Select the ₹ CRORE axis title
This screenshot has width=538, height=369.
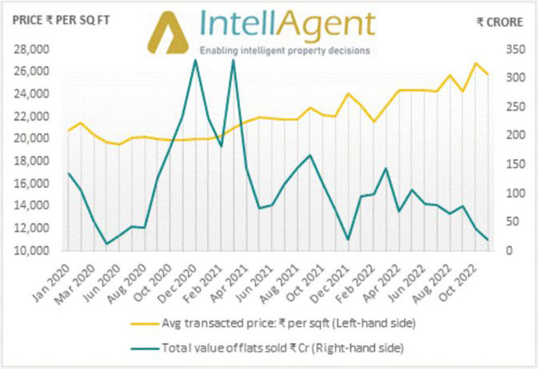500,22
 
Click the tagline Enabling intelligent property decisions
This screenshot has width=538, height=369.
285,50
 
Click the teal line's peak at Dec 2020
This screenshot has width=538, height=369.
196,60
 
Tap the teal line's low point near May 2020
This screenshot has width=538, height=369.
107,244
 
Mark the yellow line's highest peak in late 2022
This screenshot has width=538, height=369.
476,63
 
